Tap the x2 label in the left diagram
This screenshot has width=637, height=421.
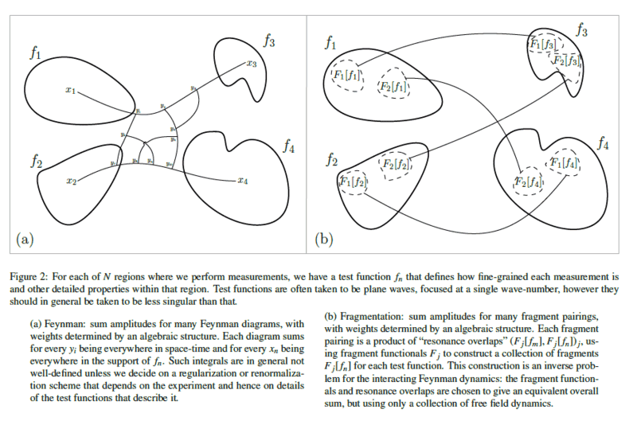click(71, 181)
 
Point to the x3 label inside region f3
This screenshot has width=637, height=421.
click(251, 64)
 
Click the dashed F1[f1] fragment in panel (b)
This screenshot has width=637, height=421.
click(346, 76)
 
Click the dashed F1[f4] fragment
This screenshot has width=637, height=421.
click(563, 163)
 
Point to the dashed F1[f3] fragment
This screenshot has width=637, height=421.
click(543, 43)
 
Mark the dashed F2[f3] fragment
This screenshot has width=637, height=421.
click(568, 60)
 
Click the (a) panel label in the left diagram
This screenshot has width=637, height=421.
click(24, 236)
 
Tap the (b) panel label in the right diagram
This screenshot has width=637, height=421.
click(323, 236)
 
